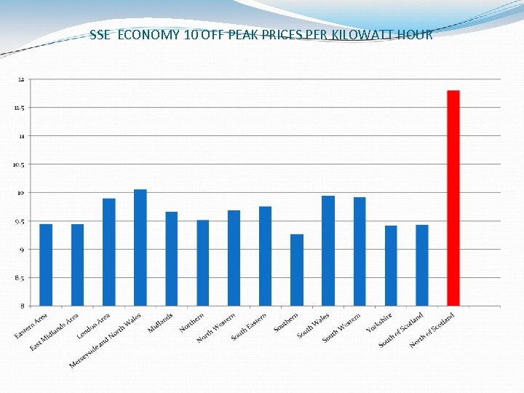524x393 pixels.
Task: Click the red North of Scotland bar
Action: click(x=453, y=198)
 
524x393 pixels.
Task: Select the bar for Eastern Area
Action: click(x=46, y=265)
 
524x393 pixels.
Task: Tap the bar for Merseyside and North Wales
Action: click(x=140, y=247)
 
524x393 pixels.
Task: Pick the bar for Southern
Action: click(x=297, y=270)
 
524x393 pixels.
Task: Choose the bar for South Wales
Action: click(x=328, y=250)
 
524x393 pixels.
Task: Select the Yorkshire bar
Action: click(x=391, y=266)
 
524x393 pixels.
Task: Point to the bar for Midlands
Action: click(x=171, y=258)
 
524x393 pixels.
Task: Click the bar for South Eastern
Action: click(x=265, y=256)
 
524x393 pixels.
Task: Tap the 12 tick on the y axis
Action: click(x=21, y=79)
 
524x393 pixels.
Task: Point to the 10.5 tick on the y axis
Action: click(x=19, y=164)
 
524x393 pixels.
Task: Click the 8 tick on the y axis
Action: click(x=23, y=306)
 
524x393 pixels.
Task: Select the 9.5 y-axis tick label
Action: click(x=20, y=221)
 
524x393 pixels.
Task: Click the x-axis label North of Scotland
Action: click(x=432, y=330)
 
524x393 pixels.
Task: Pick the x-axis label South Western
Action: click(x=342, y=327)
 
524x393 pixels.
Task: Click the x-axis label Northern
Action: click(x=193, y=322)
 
